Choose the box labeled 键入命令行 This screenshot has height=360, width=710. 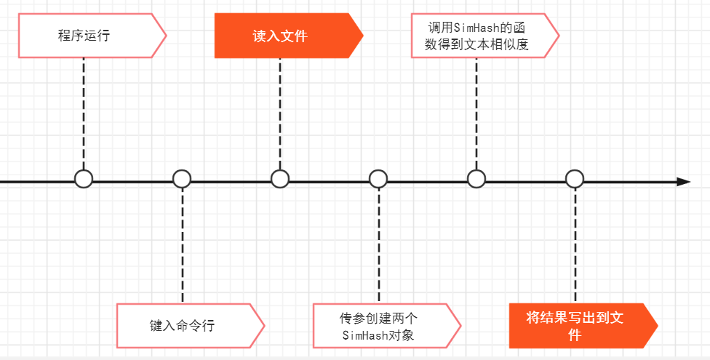coord(183,325)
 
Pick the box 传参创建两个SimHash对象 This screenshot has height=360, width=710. coord(378,326)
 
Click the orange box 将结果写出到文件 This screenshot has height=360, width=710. coord(575,326)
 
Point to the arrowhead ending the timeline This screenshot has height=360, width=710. coord(683,181)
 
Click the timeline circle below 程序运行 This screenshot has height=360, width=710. coord(84,179)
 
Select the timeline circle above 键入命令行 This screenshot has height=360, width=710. coord(182,179)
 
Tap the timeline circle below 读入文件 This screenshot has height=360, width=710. coord(280,179)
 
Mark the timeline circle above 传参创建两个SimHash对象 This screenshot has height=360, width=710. coord(378,179)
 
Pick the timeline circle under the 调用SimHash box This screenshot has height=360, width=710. coord(476,179)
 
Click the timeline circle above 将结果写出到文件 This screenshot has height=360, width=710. coord(575,179)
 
